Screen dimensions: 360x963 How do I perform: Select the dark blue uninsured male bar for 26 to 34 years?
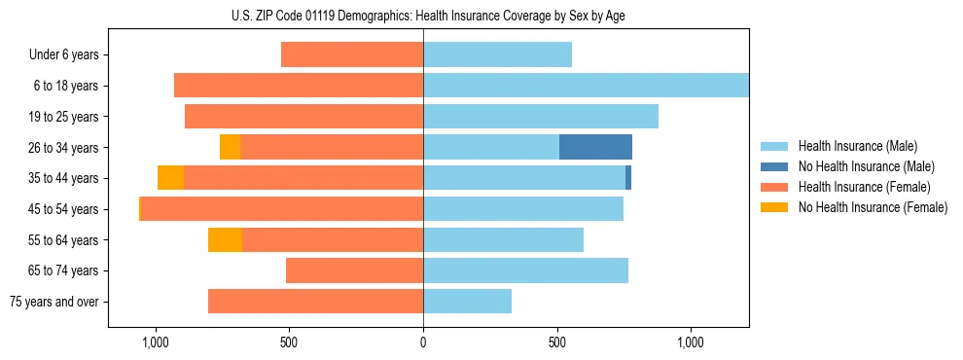pos(595,147)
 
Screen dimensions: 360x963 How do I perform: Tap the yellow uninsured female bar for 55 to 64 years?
pos(225,239)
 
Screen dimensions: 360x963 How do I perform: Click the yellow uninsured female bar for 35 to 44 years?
pos(170,178)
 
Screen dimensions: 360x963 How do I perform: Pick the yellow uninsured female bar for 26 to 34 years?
pos(230,147)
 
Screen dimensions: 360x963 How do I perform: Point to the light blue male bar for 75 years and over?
pos(467,302)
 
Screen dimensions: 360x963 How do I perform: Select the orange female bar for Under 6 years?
pos(351,54)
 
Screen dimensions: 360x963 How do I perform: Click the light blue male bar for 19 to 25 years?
pos(540,116)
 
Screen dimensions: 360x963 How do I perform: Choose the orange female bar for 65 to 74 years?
pos(354,270)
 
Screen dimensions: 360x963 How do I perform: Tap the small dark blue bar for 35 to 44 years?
pos(628,178)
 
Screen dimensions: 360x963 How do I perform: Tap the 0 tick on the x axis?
pos(423,343)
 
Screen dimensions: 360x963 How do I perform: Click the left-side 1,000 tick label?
pos(155,343)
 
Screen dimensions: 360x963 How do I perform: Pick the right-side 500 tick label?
pos(556,343)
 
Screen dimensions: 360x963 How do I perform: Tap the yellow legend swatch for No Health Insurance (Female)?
pos(774,207)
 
